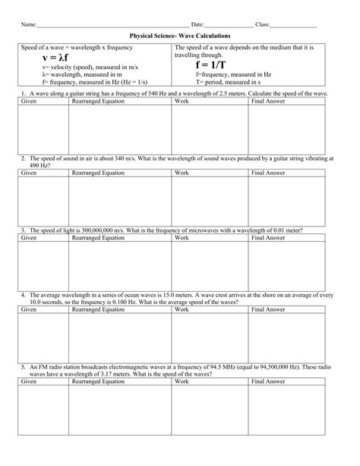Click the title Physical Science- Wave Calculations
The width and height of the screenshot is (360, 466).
coord(180,36)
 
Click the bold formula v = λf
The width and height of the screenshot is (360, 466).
coord(55,57)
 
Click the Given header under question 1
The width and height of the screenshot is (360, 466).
coord(29,101)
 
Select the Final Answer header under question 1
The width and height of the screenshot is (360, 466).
coord(268,101)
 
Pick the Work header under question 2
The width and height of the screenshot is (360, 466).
coord(182,173)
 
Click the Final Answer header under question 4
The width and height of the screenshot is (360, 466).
coord(268,310)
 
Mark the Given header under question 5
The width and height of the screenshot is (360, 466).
coord(29,381)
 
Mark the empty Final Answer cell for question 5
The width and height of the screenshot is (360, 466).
coord(287,418)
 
